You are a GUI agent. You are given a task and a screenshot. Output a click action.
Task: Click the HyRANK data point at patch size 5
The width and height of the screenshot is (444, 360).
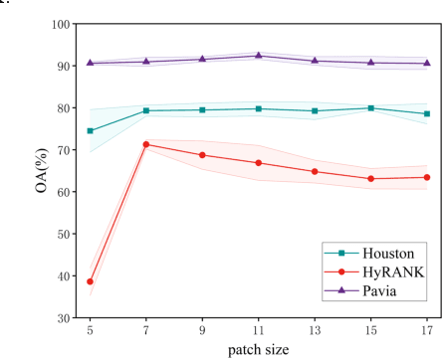[x=91, y=281]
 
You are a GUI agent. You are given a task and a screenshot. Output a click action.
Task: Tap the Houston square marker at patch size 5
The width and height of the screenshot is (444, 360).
[x=91, y=130]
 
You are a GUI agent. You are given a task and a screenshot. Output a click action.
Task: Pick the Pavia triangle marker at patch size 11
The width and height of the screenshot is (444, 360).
[x=259, y=56]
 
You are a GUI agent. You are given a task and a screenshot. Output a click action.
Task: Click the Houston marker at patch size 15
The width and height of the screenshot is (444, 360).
[x=371, y=107]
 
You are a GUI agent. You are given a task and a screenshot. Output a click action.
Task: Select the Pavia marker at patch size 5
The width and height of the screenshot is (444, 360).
[x=91, y=63]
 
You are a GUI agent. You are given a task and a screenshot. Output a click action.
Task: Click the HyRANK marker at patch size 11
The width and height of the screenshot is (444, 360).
[x=259, y=162]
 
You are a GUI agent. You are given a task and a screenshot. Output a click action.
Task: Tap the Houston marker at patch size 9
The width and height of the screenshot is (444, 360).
[x=203, y=109]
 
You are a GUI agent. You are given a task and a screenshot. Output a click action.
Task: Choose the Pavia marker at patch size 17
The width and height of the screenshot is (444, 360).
[x=427, y=63]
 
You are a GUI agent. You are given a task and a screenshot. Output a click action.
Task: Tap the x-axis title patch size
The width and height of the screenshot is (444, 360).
[x=259, y=350]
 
